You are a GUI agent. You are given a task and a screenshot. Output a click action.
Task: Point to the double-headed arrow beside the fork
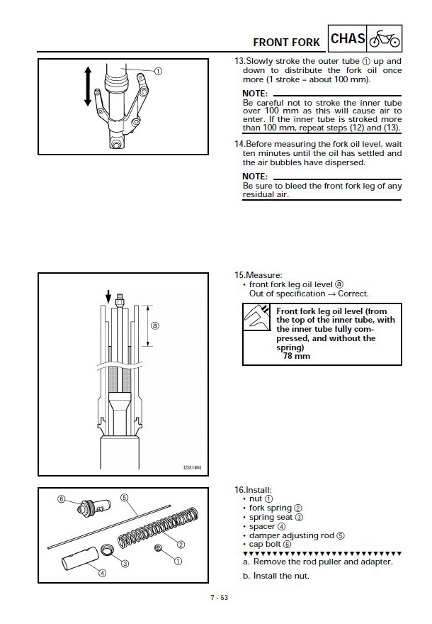[x=89, y=87]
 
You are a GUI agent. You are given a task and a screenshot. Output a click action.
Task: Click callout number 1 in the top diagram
[x=158, y=71]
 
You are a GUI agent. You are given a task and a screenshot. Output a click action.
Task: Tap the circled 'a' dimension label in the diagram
[x=154, y=326]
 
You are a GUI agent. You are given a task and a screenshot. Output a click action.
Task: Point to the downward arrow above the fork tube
[x=108, y=294]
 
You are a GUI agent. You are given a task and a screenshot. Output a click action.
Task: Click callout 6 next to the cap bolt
[x=62, y=499]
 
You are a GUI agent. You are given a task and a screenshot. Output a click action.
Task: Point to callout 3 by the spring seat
[x=125, y=563]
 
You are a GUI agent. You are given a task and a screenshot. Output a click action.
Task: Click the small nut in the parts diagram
[x=159, y=548]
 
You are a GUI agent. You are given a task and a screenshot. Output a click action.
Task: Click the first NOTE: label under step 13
[x=255, y=94]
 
